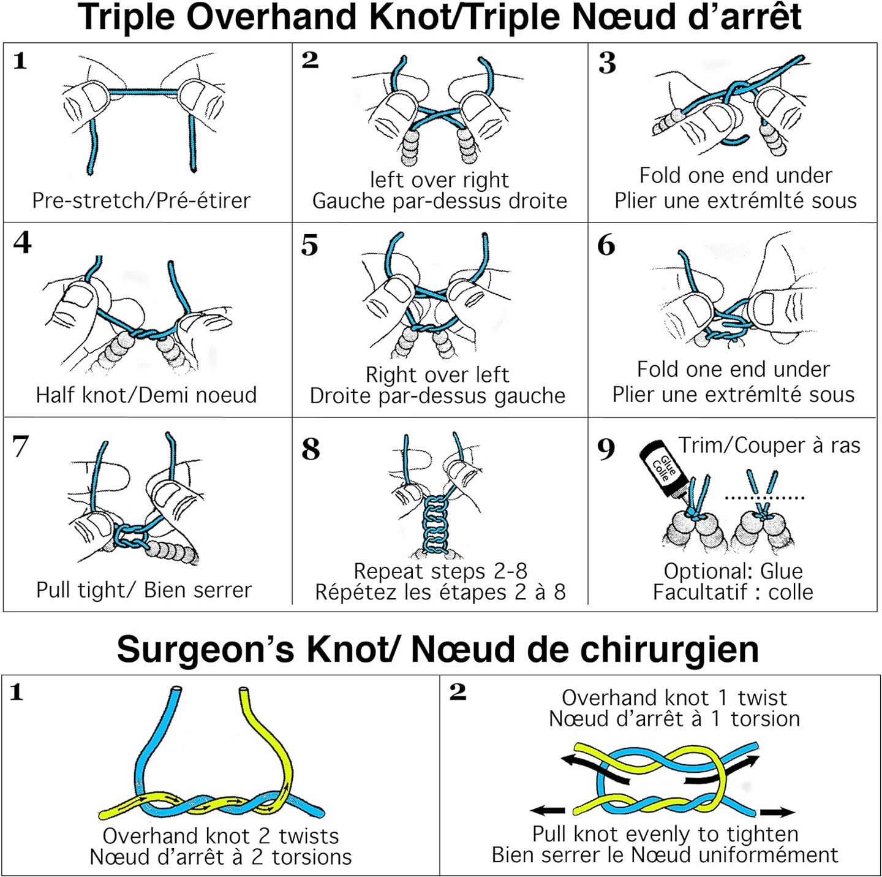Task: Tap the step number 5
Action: click(x=309, y=245)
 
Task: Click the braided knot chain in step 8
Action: click(x=435, y=525)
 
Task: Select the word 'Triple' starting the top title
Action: click(x=127, y=17)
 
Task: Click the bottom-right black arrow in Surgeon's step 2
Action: click(x=777, y=812)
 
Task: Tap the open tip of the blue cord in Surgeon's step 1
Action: click(x=176, y=690)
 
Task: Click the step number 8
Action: click(x=311, y=449)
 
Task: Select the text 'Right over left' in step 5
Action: click(x=437, y=374)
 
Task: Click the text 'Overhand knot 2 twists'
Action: click(x=221, y=836)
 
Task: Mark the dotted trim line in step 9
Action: click(x=764, y=498)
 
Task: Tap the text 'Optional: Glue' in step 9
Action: click(x=733, y=571)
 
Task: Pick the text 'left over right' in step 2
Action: click(x=439, y=180)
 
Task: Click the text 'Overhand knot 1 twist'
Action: click(x=674, y=697)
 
